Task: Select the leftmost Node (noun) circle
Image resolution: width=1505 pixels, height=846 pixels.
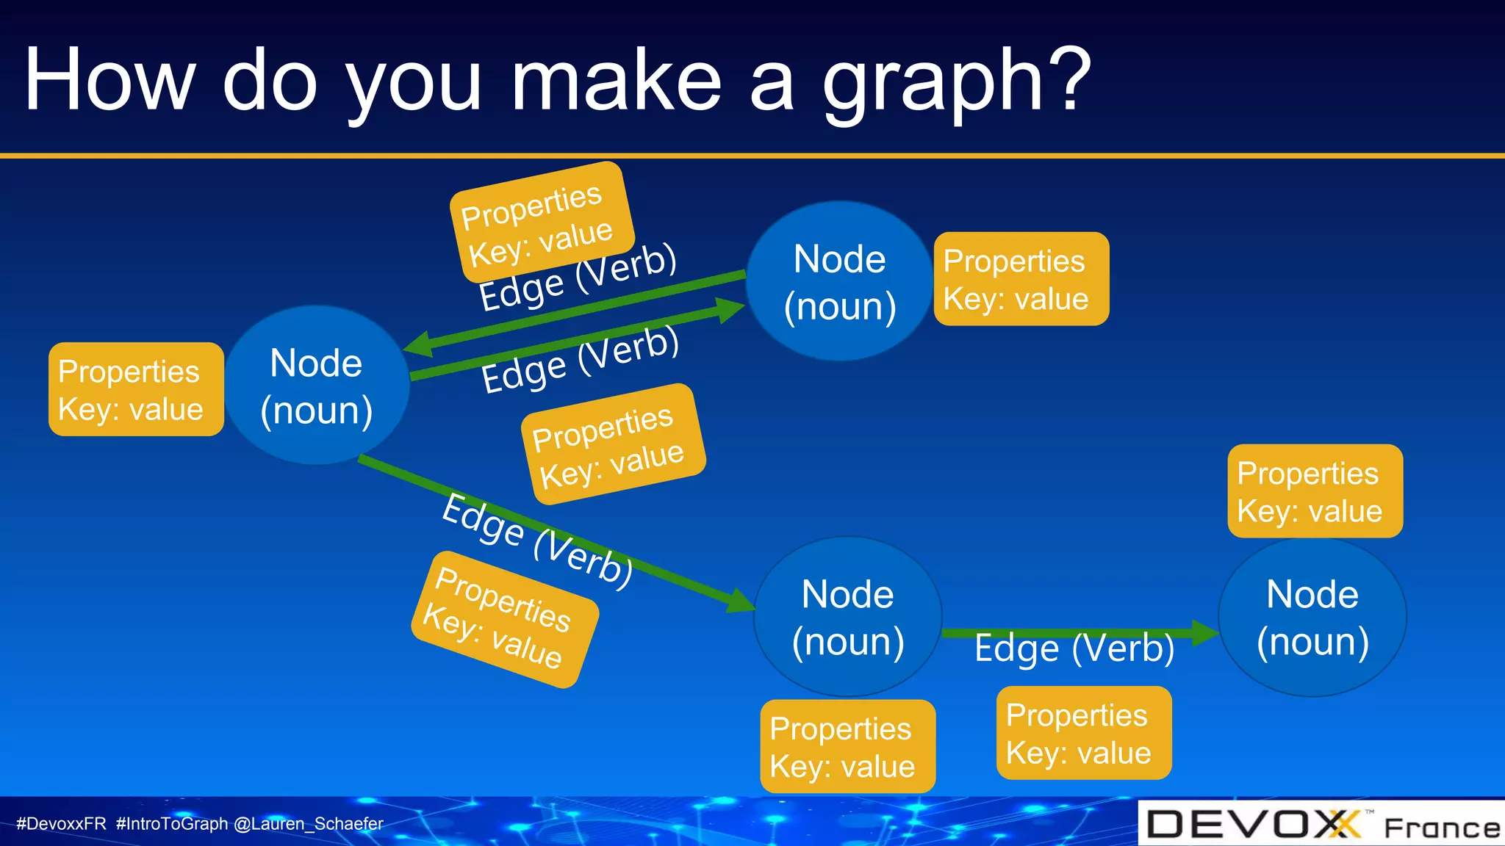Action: click(x=317, y=386)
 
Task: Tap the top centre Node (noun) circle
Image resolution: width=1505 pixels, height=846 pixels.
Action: click(x=839, y=281)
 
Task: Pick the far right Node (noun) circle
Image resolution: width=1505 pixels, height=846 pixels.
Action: click(x=1312, y=617)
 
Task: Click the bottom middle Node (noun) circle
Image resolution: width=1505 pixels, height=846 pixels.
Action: click(x=847, y=617)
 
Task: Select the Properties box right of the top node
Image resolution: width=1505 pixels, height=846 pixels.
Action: click(x=1021, y=279)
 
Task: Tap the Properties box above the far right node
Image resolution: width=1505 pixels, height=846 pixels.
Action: click(x=1315, y=491)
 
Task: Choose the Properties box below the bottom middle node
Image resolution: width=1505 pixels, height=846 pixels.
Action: click(x=847, y=746)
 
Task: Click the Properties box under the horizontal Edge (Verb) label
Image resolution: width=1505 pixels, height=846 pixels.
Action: click(x=1084, y=733)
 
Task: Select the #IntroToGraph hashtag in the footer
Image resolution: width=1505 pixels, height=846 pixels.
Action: click(x=172, y=824)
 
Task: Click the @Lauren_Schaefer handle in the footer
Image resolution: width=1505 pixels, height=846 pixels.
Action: click(x=309, y=824)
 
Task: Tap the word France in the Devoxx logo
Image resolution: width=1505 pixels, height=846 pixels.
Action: click(x=1442, y=828)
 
